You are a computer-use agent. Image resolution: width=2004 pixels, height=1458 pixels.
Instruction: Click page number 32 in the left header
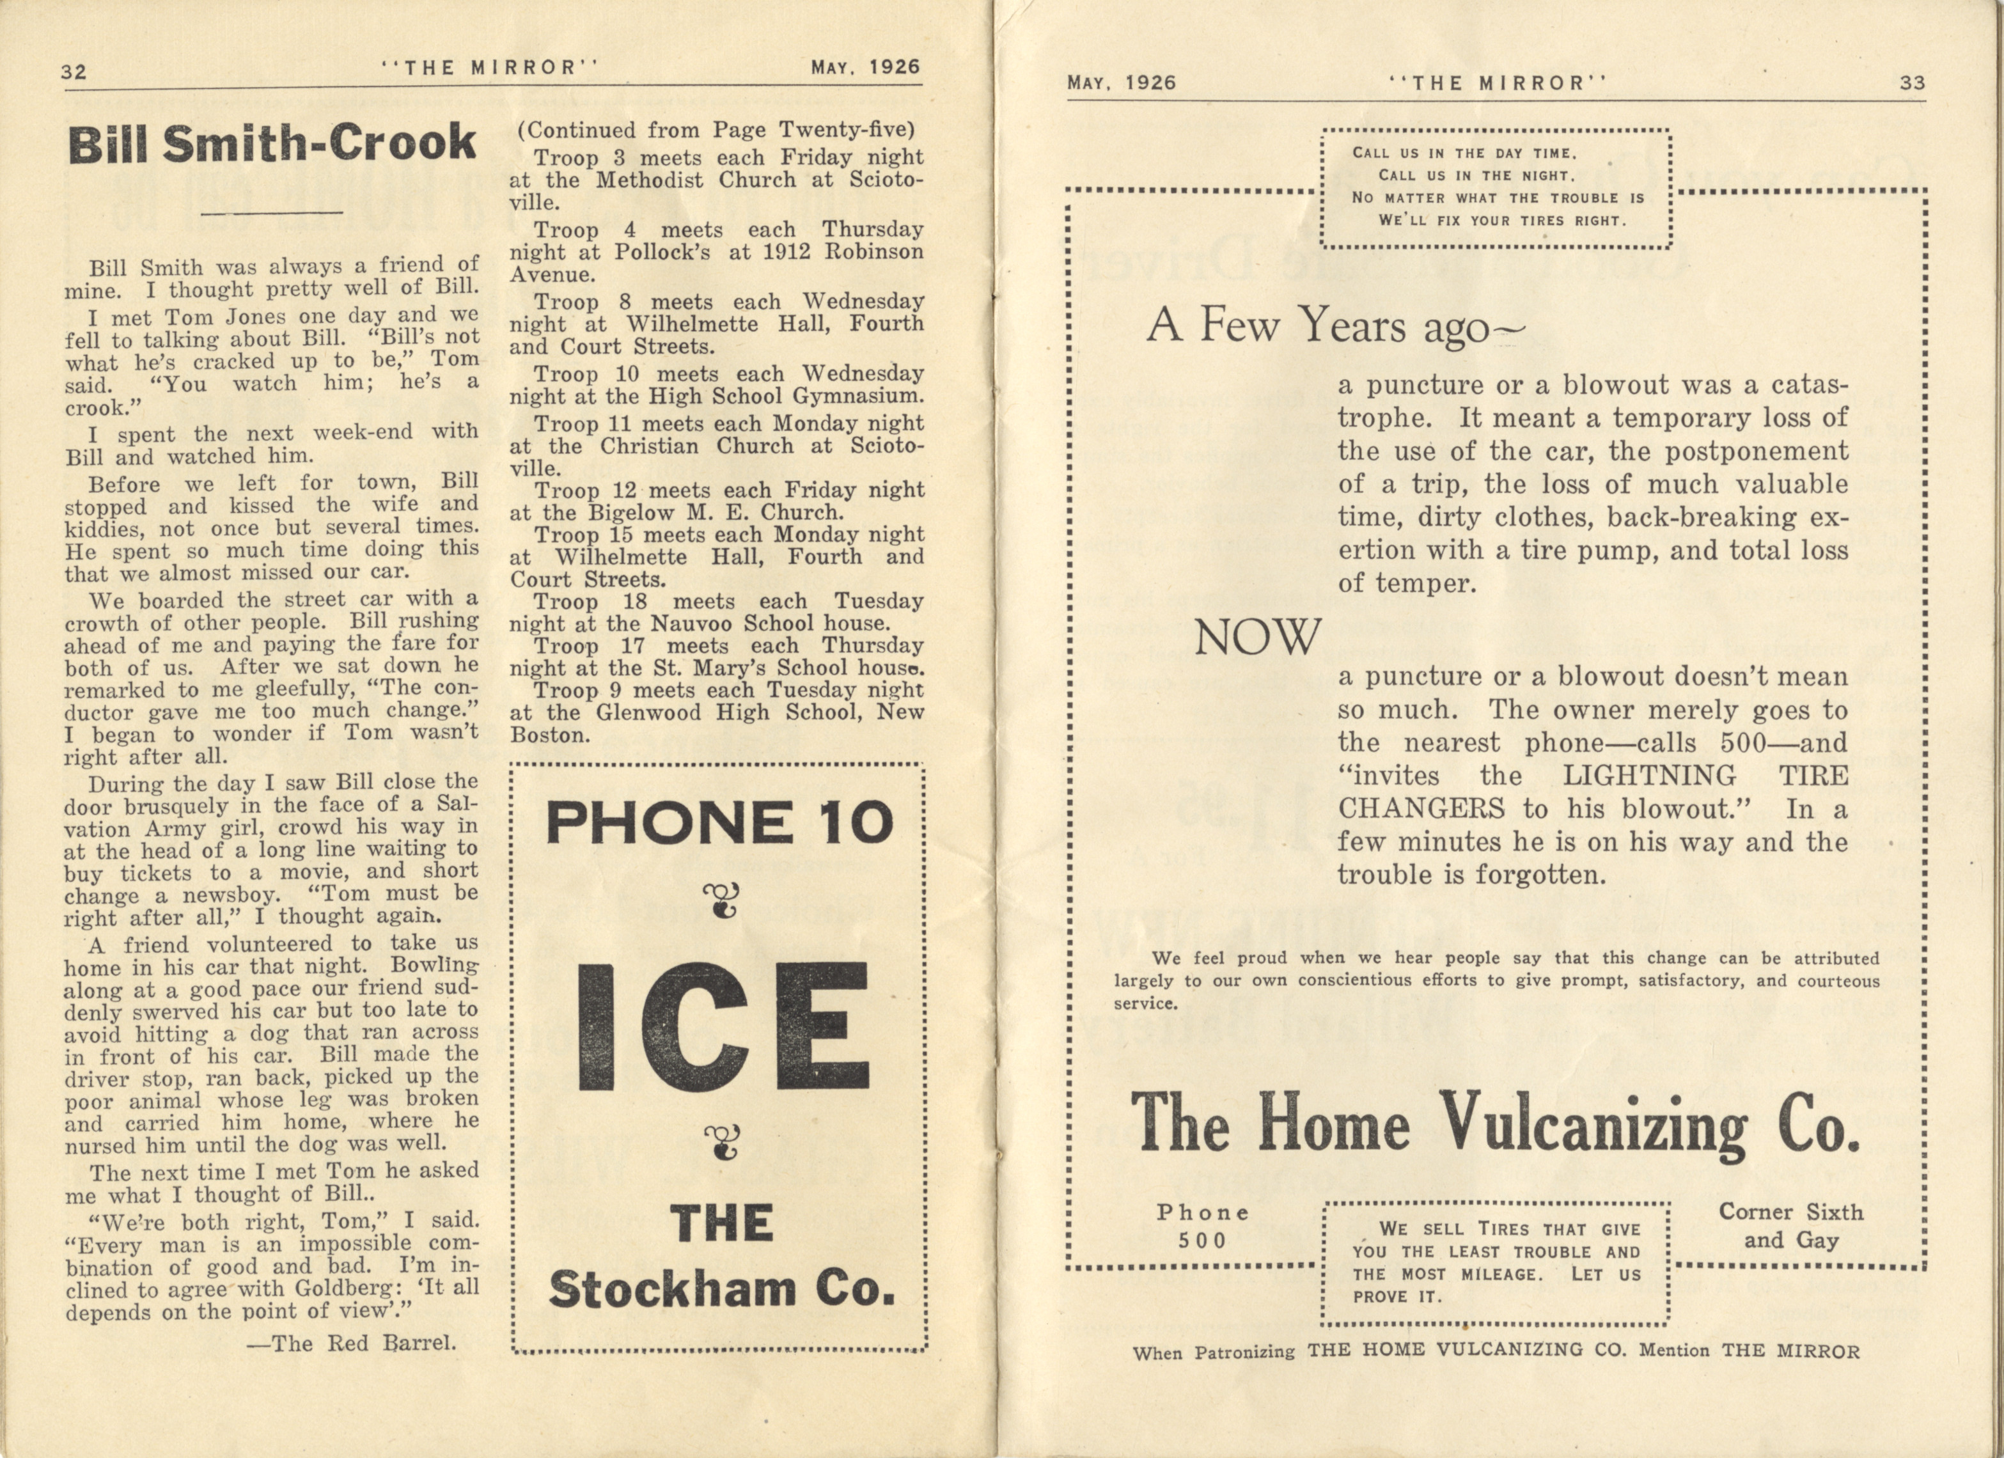click(74, 71)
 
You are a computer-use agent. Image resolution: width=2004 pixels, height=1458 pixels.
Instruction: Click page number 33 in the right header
click(1912, 83)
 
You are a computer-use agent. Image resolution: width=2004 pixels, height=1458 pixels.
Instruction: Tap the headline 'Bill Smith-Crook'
click(272, 144)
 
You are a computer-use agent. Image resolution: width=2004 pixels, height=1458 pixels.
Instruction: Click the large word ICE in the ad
click(723, 1027)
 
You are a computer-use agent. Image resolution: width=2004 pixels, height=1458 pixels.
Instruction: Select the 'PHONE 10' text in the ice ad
click(720, 822)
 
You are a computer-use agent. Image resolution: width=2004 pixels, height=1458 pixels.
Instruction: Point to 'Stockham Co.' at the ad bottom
click(722, 1289)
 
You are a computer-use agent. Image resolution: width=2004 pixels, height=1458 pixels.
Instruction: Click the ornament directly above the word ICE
click(722, 900)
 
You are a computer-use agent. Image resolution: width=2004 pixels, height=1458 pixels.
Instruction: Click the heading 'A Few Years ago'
click(1335, 326)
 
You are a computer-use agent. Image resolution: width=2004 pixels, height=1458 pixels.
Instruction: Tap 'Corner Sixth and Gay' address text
click(1791, 1226)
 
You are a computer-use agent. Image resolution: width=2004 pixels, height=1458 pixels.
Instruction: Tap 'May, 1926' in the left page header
click(865, 67)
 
